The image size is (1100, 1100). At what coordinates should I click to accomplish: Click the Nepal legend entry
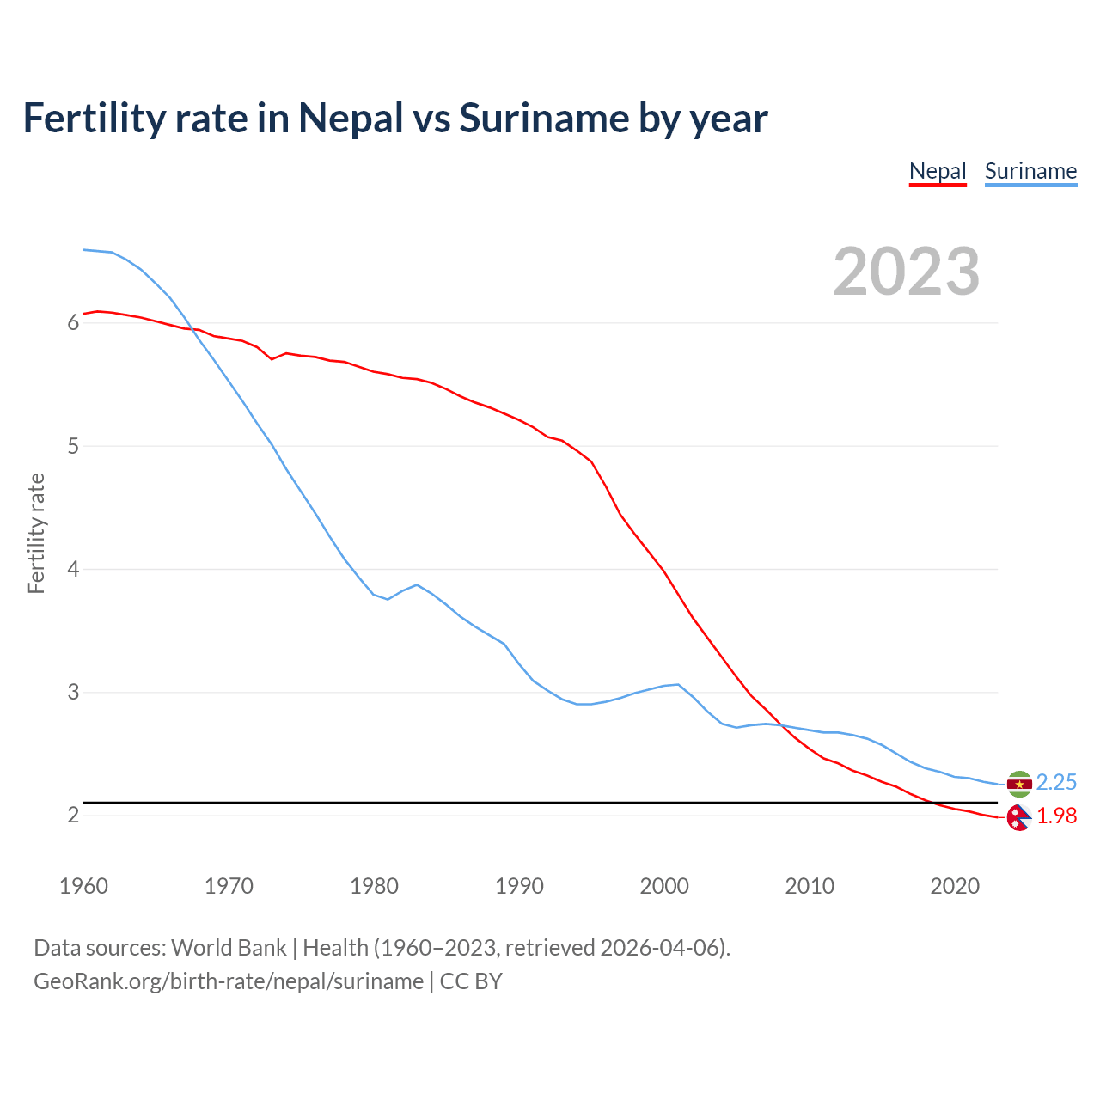pyautogui.click(x=938, y=171)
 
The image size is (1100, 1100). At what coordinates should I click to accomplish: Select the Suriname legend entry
pyautogui.click(x=1030, y=171)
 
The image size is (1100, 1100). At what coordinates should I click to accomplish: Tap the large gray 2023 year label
pyautogui.click(x=906, y=272)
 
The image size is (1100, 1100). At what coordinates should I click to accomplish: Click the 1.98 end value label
pyautogui.click(x=1056, y=816)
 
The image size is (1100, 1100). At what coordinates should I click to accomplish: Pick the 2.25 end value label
pyautogui.click(x=1056, y=782)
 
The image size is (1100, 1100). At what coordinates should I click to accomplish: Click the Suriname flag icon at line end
pyautogui.click(x=1019, y=784)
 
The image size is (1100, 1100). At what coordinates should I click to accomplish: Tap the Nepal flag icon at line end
pyautogui.click(x=1018, y=818)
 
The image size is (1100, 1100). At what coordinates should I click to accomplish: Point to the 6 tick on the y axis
pyautogui.click(x=73, y=323)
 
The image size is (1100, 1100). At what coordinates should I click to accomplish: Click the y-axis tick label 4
pyautogui.click(x=73, y=569)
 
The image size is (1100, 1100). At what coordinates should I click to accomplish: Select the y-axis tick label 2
pyautogui.click(x=73, y=815)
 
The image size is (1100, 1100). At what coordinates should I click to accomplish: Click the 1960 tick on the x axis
pyautogui.click(x=83, y=886)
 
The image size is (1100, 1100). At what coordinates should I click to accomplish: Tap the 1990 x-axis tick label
pyautogui.click(x=519, y=886)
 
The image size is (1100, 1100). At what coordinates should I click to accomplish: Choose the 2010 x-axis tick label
pyautogui.click(x=810, y=886)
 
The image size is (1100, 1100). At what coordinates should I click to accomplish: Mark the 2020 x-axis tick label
pyautogui.click(x=955, y=886)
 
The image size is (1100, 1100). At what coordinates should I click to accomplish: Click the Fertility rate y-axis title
pyautogui.click(x=36, y=533)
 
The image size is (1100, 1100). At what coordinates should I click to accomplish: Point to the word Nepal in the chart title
pyautogui.click(x=351, y=118)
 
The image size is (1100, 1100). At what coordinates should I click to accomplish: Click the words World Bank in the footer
pyautogui.click(x=229, y=948)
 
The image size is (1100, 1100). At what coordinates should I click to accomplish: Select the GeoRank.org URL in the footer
pyautogui.click(x=229, y=981)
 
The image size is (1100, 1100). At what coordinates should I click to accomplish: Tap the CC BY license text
pyautogui.click(x=471, y=981)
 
